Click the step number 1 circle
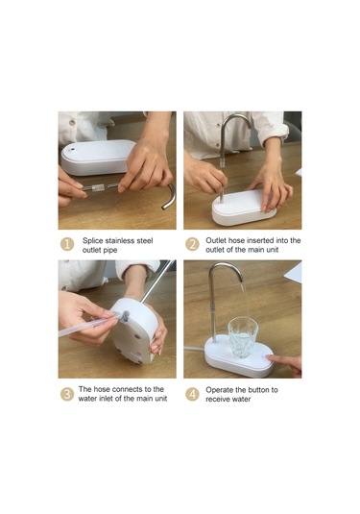click(x=67, y=245)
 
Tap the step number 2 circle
click(x=192, y=245)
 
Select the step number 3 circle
click(x=67, y=394)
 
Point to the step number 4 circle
click(x=192, y=394)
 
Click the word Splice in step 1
click(x=93, y=241)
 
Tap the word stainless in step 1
click(x=120, y=241)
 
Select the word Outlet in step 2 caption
click(x=216, y=240)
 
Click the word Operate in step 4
click(x=218, y=390)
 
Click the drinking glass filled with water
click(x=243, y=337)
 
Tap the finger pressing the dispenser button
click(x=283, y=362)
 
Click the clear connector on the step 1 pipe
click(x=97, y=188)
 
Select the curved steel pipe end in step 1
click(x=169, y=197)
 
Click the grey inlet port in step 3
click(x=126, y=315)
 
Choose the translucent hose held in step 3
click(x=88, y=325)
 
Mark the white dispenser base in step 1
click(x=97, y=158)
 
